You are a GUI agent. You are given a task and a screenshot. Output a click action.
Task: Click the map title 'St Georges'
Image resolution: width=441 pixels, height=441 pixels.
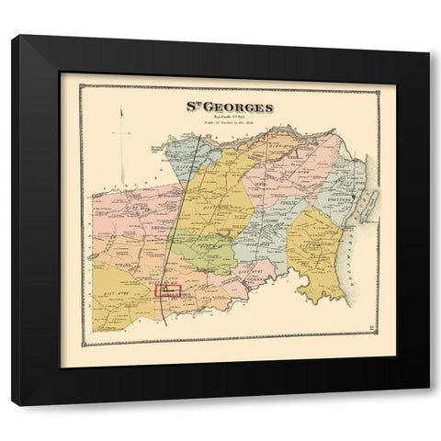click(x=231, y=107)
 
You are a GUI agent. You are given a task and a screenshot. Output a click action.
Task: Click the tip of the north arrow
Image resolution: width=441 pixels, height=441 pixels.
click(x=120, y=109)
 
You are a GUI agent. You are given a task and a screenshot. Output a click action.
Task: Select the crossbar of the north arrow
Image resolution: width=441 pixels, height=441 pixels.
click(x=120, y=134)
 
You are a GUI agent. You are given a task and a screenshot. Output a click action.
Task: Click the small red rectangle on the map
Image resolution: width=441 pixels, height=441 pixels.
click(x=170, y=290)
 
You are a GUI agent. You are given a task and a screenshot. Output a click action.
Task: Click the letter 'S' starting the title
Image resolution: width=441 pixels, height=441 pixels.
click(x=193, y=107)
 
